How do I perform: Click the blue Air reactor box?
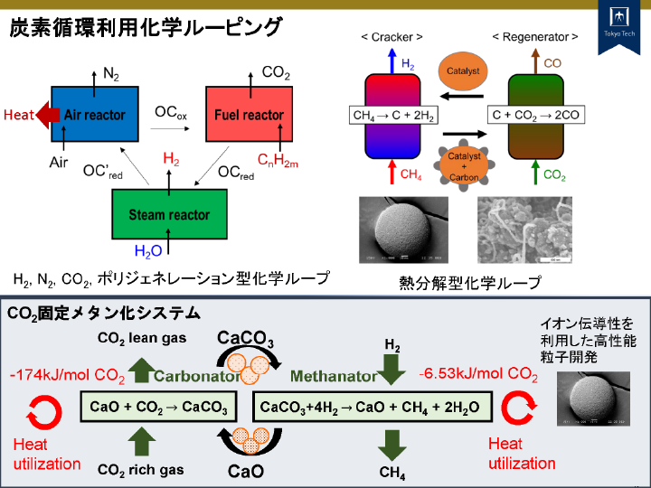(x=94, y=115)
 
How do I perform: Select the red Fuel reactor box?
(x=249, y=115)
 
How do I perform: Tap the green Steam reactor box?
(x=168, y=214)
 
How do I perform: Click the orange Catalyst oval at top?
(x=463, y=70)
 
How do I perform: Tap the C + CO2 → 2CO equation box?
(x=535, y=116)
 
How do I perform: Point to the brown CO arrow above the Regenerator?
(x=535, y=61)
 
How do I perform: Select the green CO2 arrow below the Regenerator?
(x=535, y=170)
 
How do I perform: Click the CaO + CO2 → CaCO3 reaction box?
(x=159, y=407)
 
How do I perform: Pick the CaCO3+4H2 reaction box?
(x=370, y=407)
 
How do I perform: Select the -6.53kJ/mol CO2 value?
(x=478, y=373)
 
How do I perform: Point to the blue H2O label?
(x=147, y=251)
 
